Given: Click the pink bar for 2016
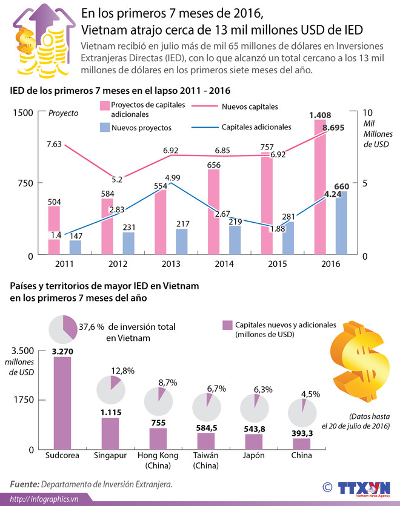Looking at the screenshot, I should [320, 188].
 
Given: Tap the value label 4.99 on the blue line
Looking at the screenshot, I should [173, 177].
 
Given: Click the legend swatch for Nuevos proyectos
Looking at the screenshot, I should [105, 128].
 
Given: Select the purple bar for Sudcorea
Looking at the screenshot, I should [62, 402].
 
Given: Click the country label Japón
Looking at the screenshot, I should [254, 456].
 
